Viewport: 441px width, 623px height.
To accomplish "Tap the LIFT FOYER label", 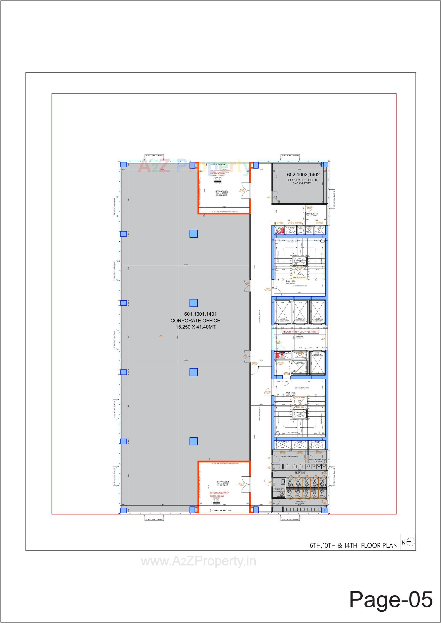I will click(x=300, y=337).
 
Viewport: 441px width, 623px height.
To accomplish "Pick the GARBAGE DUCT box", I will click(x=317, y=443).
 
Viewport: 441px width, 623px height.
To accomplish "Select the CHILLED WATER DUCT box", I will click(x=283, y=443).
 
